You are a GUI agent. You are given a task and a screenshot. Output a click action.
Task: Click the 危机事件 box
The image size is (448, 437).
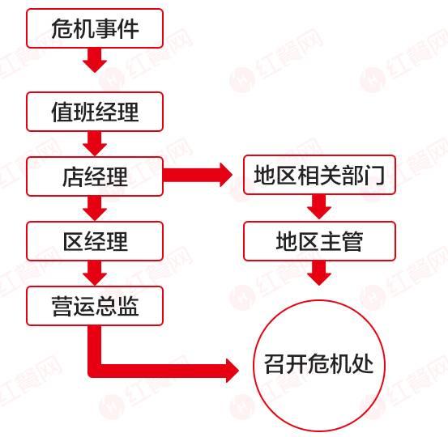click(95, 28)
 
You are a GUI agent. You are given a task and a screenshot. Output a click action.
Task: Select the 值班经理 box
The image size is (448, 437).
click(95, 112)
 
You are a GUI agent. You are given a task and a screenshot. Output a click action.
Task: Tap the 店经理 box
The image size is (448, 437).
click(95, 176)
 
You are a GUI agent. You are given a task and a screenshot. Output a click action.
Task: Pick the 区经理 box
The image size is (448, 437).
click(95, 241)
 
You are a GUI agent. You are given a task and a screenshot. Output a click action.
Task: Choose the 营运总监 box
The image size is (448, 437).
click(95, 306)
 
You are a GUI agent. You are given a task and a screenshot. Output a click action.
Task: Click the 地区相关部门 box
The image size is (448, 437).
click(319, 175)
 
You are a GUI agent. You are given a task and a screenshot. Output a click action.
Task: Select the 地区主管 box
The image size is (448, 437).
click(319, 241)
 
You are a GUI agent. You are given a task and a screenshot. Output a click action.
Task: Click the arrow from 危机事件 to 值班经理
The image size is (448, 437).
click(95, 60)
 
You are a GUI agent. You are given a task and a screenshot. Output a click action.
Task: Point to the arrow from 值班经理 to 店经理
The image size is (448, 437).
click(95, 143)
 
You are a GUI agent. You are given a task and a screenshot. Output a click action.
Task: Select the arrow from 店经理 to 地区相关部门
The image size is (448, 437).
click(198, 175)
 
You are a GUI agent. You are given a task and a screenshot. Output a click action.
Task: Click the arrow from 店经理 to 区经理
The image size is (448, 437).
click(95, 208)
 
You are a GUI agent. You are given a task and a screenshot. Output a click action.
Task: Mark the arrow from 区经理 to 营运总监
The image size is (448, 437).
click(95, 274)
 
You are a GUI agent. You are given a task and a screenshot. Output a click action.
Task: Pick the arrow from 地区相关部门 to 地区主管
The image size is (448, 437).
click(319, 207)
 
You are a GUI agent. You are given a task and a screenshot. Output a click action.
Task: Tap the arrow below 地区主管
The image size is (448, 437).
click(319, 274)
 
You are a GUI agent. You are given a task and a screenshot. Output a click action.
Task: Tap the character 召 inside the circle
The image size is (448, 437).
click(275, 363)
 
